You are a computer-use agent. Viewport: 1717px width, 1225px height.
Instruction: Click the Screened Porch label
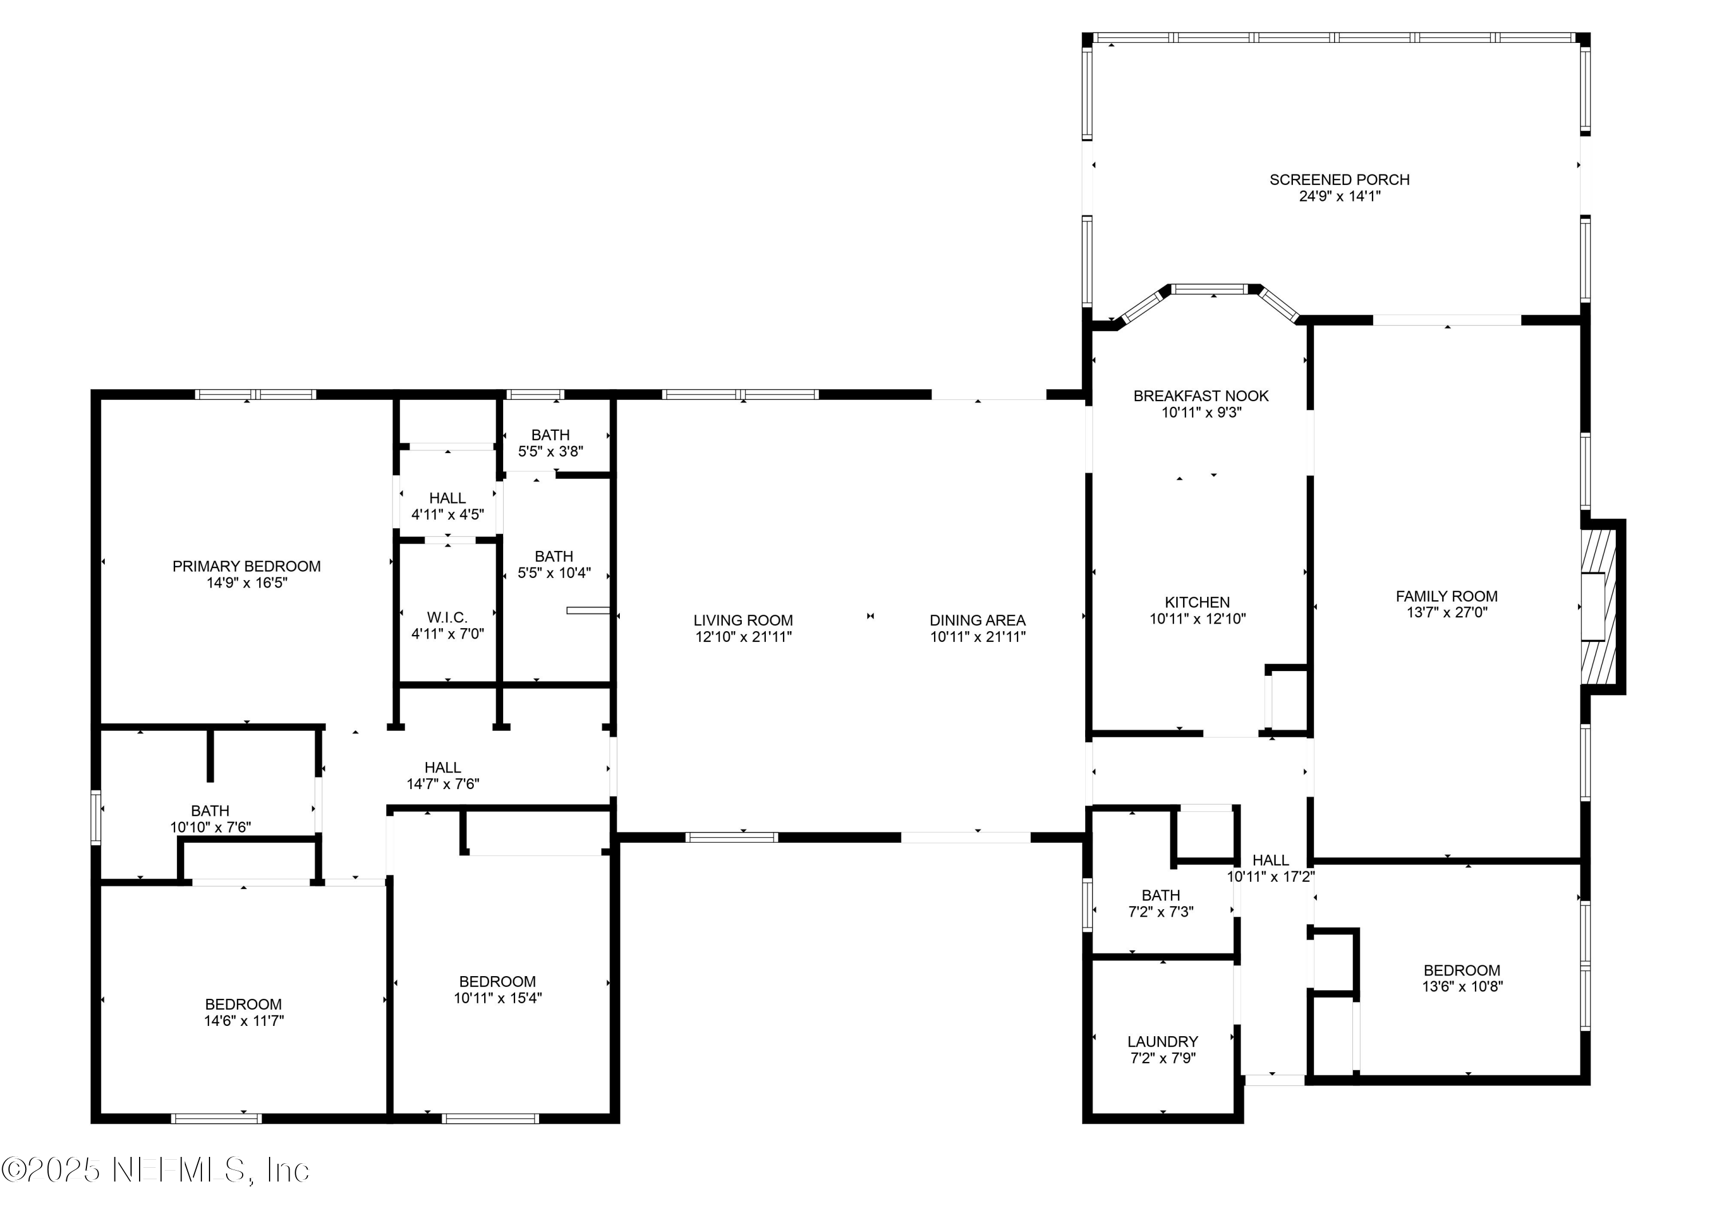click(1339, 180)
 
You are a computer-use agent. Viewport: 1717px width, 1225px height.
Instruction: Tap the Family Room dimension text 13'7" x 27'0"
click(1446, 612)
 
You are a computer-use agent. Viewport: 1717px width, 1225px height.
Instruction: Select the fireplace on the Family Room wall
click(1599, 607)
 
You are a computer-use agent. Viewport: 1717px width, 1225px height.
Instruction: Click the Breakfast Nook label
click(1201, 396)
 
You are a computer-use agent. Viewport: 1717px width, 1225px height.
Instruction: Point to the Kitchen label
click(1197, 602)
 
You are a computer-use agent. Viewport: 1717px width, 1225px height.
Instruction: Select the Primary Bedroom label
click(247, 566)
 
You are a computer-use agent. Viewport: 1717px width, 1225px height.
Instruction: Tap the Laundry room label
click(1162, 1042)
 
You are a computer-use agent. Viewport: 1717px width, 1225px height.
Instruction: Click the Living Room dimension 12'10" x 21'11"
click(743, 637)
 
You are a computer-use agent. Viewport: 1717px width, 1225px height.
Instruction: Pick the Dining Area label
click(977, 620)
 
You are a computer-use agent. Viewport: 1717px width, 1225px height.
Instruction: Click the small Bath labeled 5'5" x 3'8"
click(550, 443)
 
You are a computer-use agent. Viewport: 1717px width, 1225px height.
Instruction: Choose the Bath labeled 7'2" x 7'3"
click(1160, 903)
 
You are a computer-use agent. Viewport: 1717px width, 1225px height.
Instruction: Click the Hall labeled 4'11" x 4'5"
click(448, 506)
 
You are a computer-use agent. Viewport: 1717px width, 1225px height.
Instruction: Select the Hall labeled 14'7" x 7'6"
click(443, 775)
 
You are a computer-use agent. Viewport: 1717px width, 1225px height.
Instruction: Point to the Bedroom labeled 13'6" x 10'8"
click(1461, 978)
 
